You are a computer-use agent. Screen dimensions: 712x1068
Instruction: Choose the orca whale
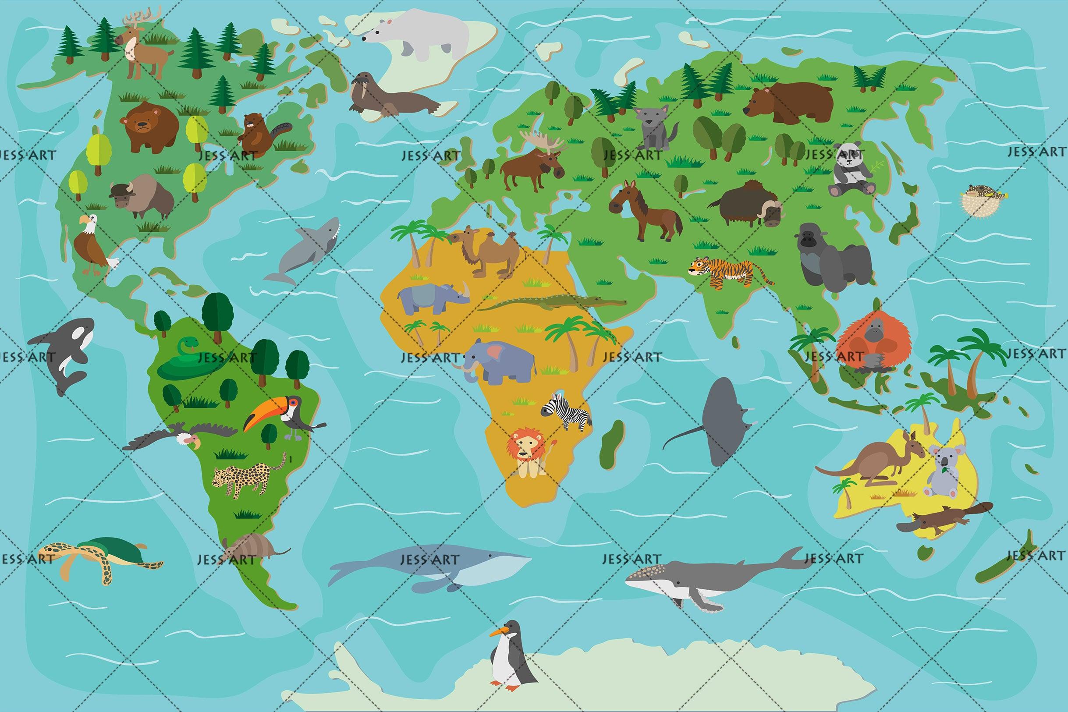[68, 352]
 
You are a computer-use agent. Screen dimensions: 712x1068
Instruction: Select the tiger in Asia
[724, 273]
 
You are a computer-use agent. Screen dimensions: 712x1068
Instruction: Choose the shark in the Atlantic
[306, 250]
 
